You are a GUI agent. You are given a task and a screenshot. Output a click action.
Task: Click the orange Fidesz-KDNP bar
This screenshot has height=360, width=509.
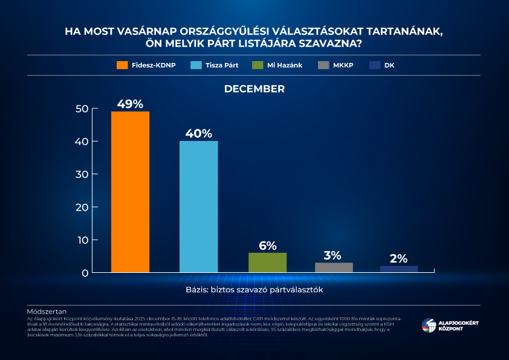click(x=130, y=192)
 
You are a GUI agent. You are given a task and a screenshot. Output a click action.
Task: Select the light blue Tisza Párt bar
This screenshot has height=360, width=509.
click(x=198, y=206)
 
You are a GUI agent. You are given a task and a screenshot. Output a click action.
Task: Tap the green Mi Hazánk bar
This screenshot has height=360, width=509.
click(x=267, y=263)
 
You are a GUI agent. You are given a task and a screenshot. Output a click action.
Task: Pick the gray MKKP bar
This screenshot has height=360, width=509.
click(x=334, y=267)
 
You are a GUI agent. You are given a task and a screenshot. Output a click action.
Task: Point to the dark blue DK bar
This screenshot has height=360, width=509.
click(x=399, y=269)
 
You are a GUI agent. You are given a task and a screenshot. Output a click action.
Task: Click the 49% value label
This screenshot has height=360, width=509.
click(x=130, y=103)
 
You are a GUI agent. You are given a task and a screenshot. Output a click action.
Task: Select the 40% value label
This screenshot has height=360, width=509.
click(x=199, y=133)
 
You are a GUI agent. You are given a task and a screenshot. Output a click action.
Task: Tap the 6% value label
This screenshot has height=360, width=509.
click(x=267, y=245)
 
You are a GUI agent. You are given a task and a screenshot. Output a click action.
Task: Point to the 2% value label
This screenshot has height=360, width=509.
click(x=398, y=258)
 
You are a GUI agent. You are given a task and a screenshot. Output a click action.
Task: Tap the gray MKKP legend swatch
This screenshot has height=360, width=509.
click(x=323, y=65)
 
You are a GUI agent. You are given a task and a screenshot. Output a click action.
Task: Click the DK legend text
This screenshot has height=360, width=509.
click(x=389, y=65)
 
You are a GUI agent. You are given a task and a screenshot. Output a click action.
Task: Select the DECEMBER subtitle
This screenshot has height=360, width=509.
click(x=254, y=89)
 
